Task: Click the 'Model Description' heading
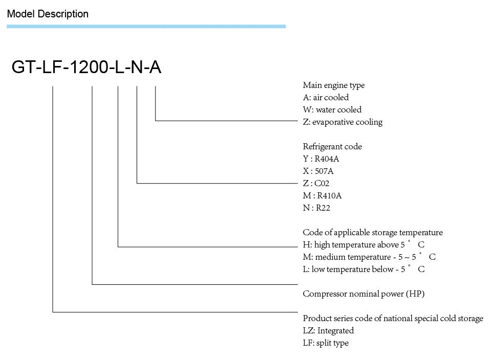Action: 48,14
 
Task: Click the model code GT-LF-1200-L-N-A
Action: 86,67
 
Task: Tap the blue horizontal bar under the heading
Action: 146,27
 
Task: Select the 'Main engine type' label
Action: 334,85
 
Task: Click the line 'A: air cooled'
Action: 325,97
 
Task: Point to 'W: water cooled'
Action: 332,110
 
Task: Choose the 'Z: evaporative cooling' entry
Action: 342,122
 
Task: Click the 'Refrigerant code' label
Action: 332,147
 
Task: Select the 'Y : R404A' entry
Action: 321,159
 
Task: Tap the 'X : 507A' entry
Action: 318,171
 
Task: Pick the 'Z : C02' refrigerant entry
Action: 316,184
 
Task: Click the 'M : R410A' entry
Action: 322,195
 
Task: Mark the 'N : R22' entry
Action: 316,208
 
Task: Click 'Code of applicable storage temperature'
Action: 373,233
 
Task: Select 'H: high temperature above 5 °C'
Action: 364,244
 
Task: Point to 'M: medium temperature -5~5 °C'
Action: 369,257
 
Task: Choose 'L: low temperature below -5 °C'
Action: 364,269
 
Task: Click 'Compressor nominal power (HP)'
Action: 364,294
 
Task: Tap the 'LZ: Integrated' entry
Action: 328,330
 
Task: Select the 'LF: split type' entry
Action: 325,343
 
